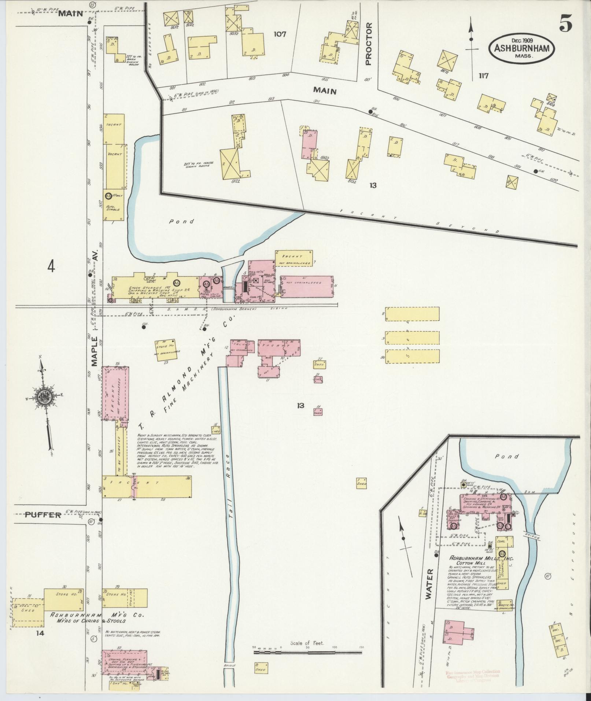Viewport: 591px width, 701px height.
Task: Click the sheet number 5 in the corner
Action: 565,25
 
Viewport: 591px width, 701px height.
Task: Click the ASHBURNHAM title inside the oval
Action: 521,48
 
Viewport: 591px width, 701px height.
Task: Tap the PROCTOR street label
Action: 368,44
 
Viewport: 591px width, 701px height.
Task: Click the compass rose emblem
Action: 43,397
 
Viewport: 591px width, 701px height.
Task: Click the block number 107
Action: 280,34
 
